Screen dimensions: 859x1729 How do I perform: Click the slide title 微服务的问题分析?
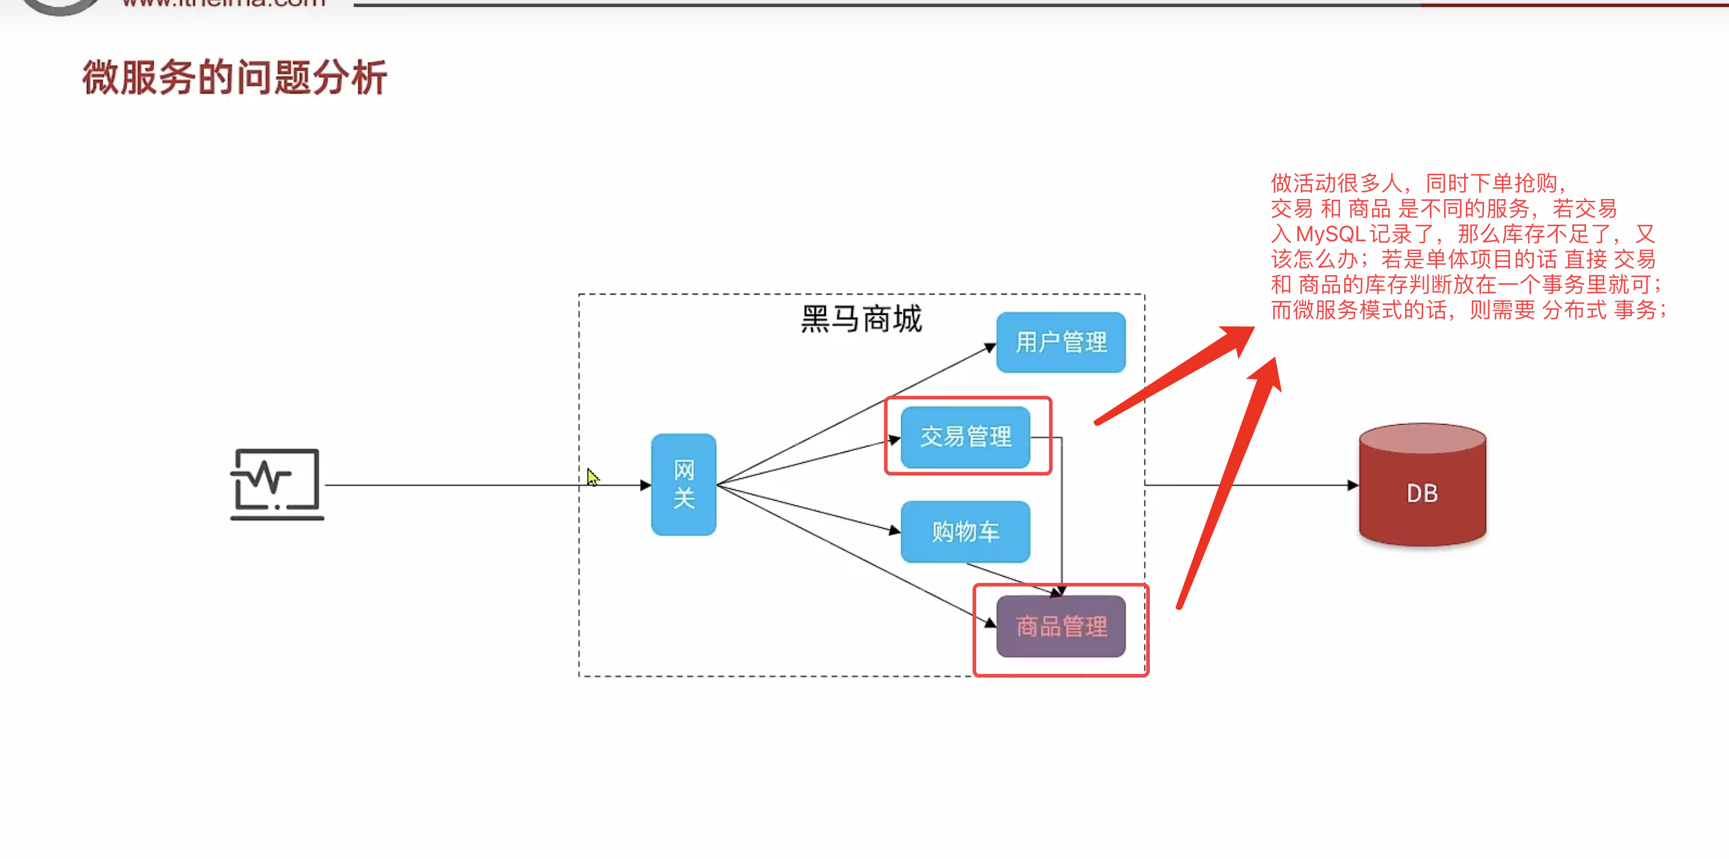234,78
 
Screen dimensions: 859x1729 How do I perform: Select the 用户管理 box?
1061,342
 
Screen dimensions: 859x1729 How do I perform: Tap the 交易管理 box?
965,437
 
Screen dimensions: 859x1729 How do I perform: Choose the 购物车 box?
965,531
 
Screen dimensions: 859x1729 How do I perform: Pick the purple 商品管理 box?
1061,626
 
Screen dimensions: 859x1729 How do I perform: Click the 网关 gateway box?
684,484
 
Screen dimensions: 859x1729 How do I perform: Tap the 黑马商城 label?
861,319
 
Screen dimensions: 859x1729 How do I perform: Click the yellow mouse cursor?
592,477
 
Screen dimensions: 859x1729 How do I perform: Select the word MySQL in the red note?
1330,234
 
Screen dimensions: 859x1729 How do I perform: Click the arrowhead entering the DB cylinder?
1353,485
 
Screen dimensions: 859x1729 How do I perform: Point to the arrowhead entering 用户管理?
989,347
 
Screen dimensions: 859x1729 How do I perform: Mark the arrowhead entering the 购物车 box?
894,530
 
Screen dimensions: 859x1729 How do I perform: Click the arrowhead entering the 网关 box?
645,485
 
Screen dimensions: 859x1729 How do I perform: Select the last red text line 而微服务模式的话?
1467,310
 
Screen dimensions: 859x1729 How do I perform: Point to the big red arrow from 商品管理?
1228,483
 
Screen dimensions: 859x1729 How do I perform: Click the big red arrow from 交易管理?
1175,376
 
